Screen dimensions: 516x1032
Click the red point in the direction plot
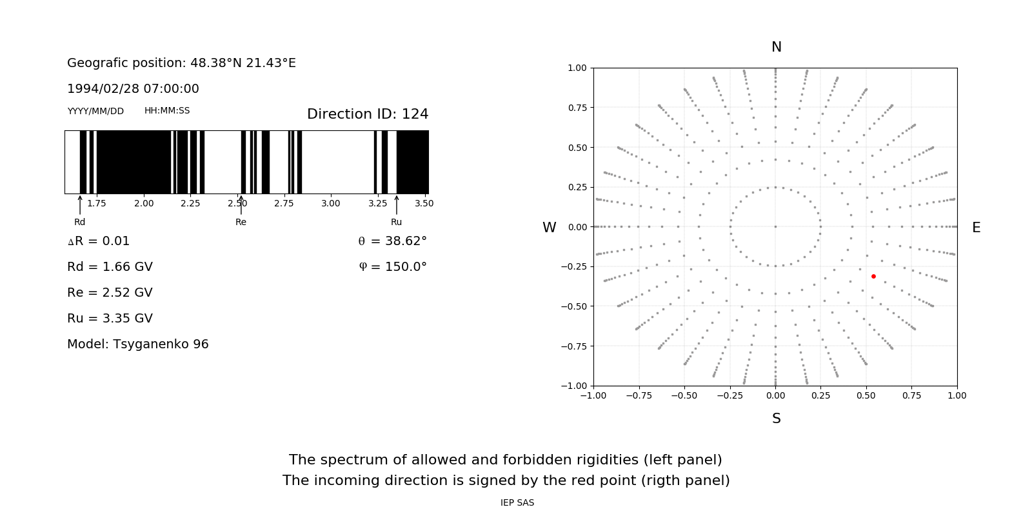click(x=873, y=276)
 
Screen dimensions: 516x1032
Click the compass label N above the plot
click(x=777, y=47)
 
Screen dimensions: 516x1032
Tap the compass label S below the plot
click(x=777, y=419)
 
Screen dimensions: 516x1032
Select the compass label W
click(x=550, y=228)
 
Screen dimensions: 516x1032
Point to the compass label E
click(x=977, y=228)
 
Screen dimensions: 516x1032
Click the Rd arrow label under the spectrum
click(x=79, y=222)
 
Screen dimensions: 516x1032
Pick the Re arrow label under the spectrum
click(x=241, y=222)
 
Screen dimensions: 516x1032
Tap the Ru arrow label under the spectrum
click(x=396, y=222)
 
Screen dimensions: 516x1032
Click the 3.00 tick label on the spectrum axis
click(x=330, y=203)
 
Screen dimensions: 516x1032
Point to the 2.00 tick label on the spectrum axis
click(x=144, y=203)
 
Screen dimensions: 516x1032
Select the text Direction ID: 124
click(x=368, y=114)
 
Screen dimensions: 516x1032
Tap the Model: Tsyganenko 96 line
click(x=138, y=344)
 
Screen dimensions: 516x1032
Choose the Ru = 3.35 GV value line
click(x=110, y=319)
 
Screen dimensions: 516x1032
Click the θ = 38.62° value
click(x=392, y=241)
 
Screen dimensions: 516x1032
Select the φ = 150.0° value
click(x=393, y=267)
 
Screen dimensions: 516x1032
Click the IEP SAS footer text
click(x=517, y=502)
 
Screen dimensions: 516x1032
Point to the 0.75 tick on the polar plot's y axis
click(x=577, y=108)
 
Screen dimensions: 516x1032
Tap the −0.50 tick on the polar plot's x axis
click(x=684, y=395)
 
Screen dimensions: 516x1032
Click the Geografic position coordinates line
click(x=181, y=63)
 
